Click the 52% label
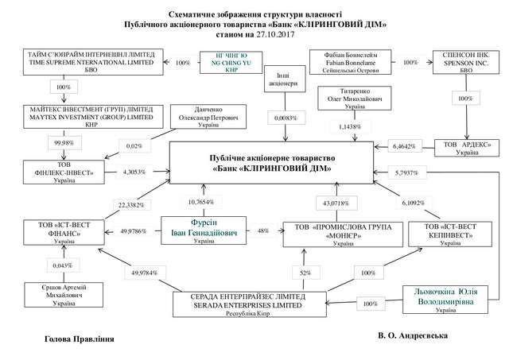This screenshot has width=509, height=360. (306, 272)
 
